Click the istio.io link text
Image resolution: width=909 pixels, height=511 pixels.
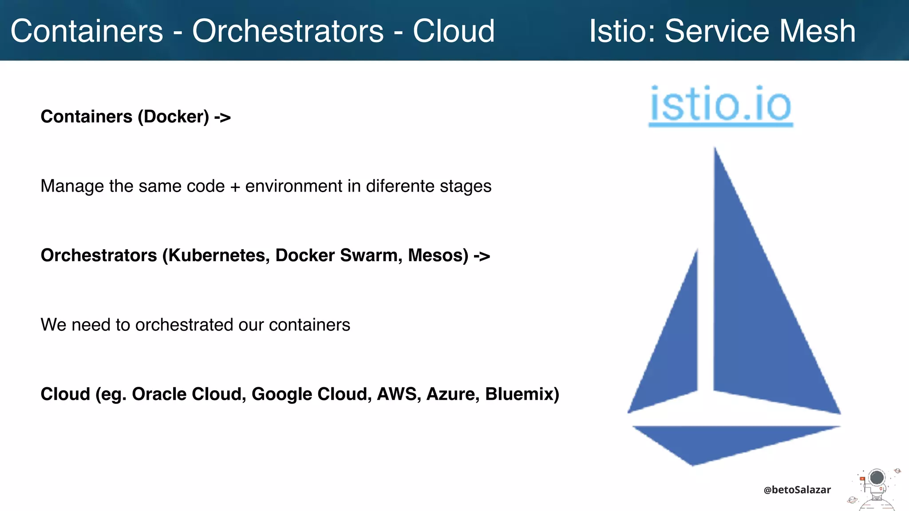720,105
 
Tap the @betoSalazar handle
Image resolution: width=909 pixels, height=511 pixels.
797,490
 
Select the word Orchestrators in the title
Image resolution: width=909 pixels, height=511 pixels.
288,31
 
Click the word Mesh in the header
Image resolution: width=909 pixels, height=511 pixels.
817,31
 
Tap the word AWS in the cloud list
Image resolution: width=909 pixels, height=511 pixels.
398,394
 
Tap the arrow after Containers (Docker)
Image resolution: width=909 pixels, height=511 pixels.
222,117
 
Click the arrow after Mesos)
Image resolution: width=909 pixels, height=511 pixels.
482,256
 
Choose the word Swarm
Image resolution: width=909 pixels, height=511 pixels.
371,255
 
